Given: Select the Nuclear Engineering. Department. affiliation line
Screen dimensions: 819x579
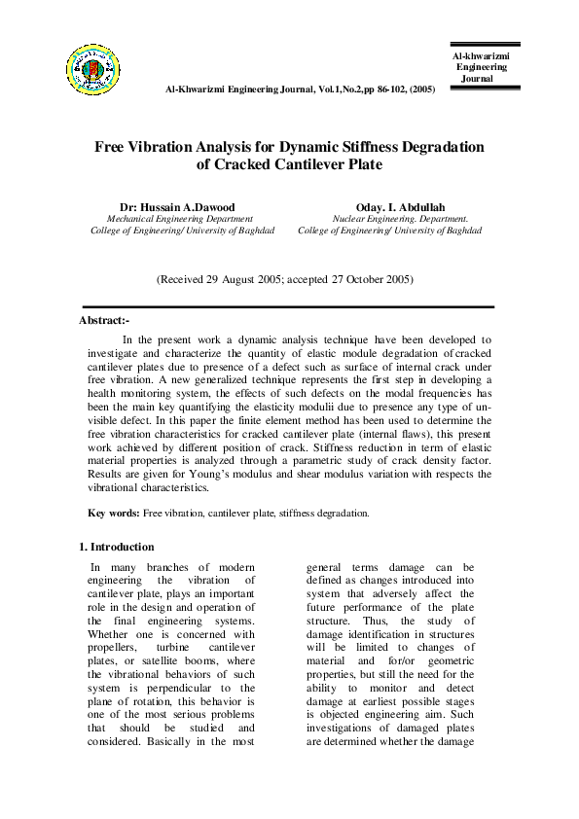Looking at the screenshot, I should pos(402,219).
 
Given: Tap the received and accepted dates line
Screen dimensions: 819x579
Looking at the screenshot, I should pos(285,279).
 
